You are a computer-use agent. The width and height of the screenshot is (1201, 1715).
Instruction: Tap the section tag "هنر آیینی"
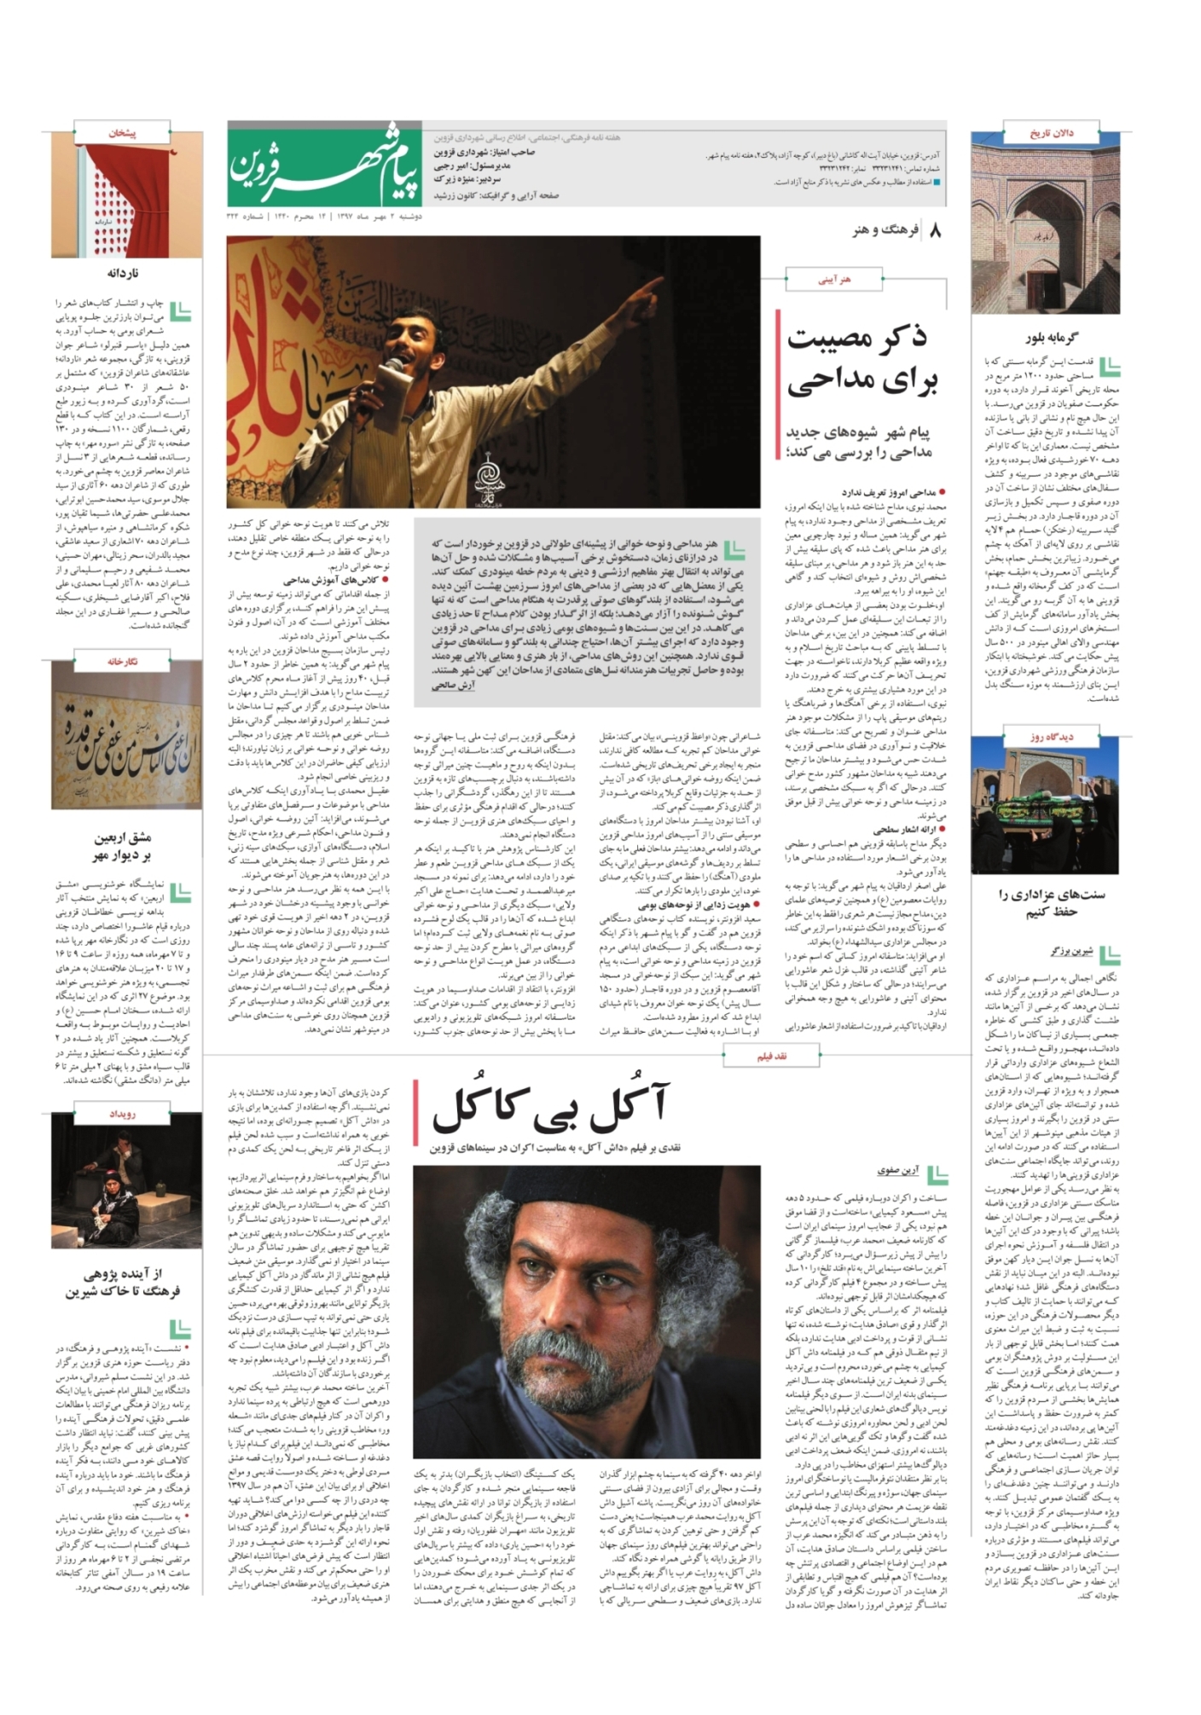[x=834, y=279]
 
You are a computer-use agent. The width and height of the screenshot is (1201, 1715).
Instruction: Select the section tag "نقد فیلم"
[x=771, y=1057]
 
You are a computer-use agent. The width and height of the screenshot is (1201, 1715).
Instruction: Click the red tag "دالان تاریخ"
[x=1051, y=134]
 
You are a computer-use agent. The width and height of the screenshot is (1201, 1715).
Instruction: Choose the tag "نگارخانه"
[x=123, y=661]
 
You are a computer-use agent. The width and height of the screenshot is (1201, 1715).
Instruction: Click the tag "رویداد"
[x=122, y=1114]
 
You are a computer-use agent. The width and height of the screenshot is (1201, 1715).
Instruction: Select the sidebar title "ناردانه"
[x=123, y=273]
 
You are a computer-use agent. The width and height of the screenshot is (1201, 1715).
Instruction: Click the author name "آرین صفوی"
[x=896, y=1171]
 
